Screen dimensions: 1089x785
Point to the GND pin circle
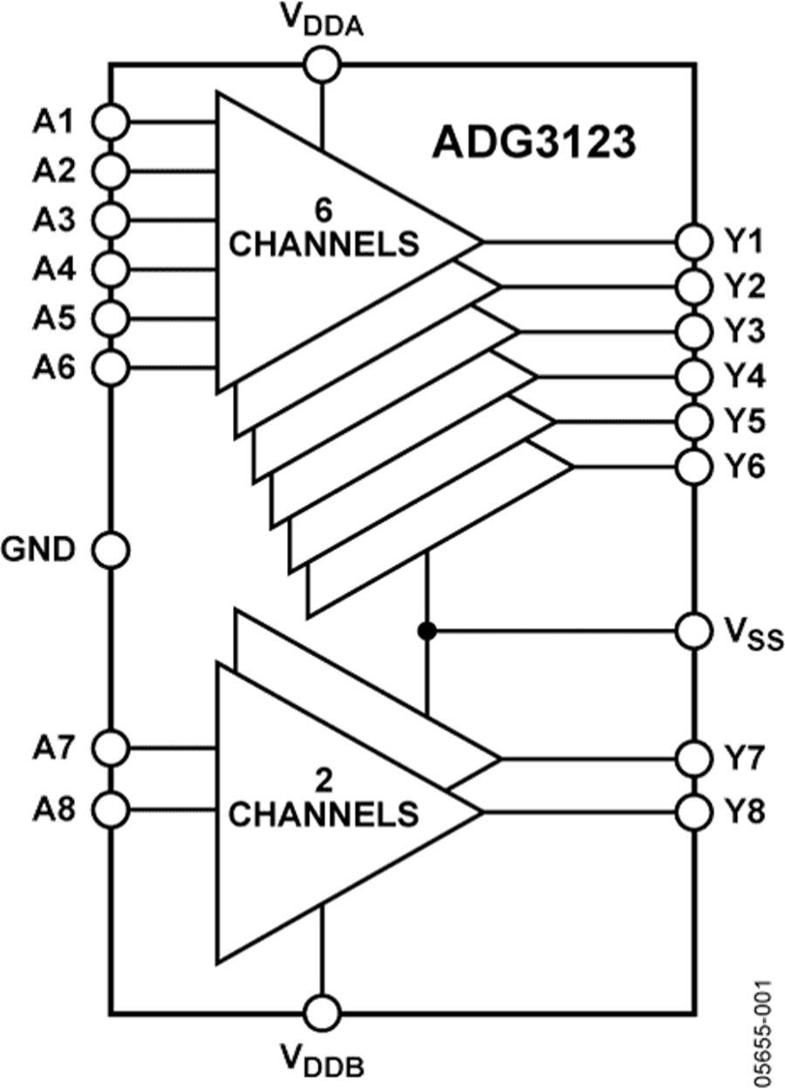[x=112, y=549]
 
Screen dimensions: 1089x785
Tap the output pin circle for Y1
[x=695, y=242]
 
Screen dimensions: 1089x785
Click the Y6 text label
[x=744, y=466]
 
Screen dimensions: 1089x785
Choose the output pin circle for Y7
[x=695, y=757]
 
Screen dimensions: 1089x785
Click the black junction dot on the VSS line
[x=427, y=630]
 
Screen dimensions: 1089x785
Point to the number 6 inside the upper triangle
[x=324, y=210]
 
